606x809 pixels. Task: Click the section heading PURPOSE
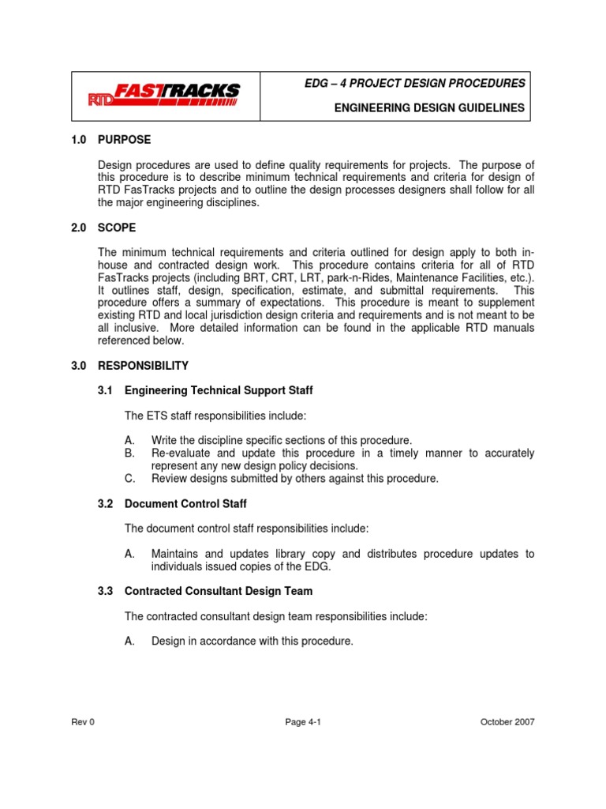pos(124,140)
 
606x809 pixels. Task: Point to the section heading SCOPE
pos(117,228)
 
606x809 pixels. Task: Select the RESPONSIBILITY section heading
pos(143,366)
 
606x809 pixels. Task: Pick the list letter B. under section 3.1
pos(130,453)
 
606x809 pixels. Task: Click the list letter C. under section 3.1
pos(130,479)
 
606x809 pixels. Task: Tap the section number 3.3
pos(106,592)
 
